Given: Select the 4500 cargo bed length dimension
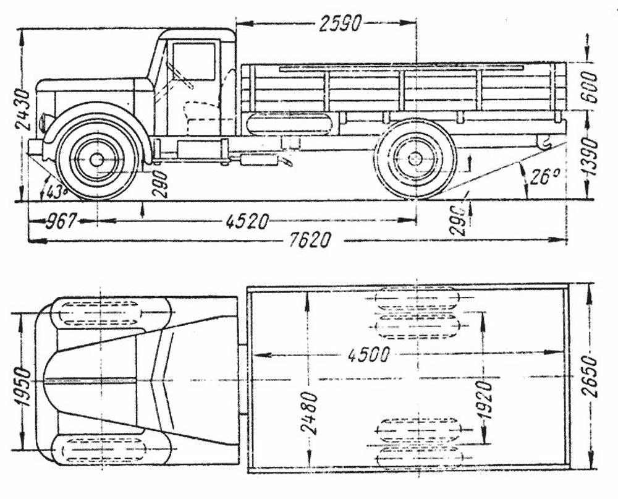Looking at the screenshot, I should [368, 356].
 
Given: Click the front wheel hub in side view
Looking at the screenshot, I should [96, 160].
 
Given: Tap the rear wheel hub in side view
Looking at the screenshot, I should [415, 160].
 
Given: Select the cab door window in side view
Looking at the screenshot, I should [193, 61].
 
